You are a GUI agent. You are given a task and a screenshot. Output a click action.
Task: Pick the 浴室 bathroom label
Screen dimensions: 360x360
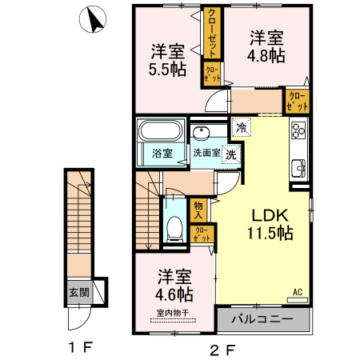[x=161, y=153]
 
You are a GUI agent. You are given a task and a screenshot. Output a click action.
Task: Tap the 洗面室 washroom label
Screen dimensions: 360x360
[x=206, y=153]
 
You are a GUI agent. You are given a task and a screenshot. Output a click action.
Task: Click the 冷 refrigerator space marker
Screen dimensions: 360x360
[x=241, y=127]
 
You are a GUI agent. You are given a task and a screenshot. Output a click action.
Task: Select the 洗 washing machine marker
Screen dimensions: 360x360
[x=230, y=154]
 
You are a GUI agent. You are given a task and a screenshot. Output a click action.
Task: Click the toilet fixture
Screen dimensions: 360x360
[x=174, y=226]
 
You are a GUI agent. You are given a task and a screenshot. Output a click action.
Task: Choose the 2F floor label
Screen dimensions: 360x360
[x=222, y=349]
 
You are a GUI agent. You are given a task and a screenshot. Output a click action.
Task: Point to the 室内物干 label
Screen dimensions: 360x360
[x=172, y=313]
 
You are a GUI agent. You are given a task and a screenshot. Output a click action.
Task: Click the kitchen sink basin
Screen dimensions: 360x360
[x=299, y=167]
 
